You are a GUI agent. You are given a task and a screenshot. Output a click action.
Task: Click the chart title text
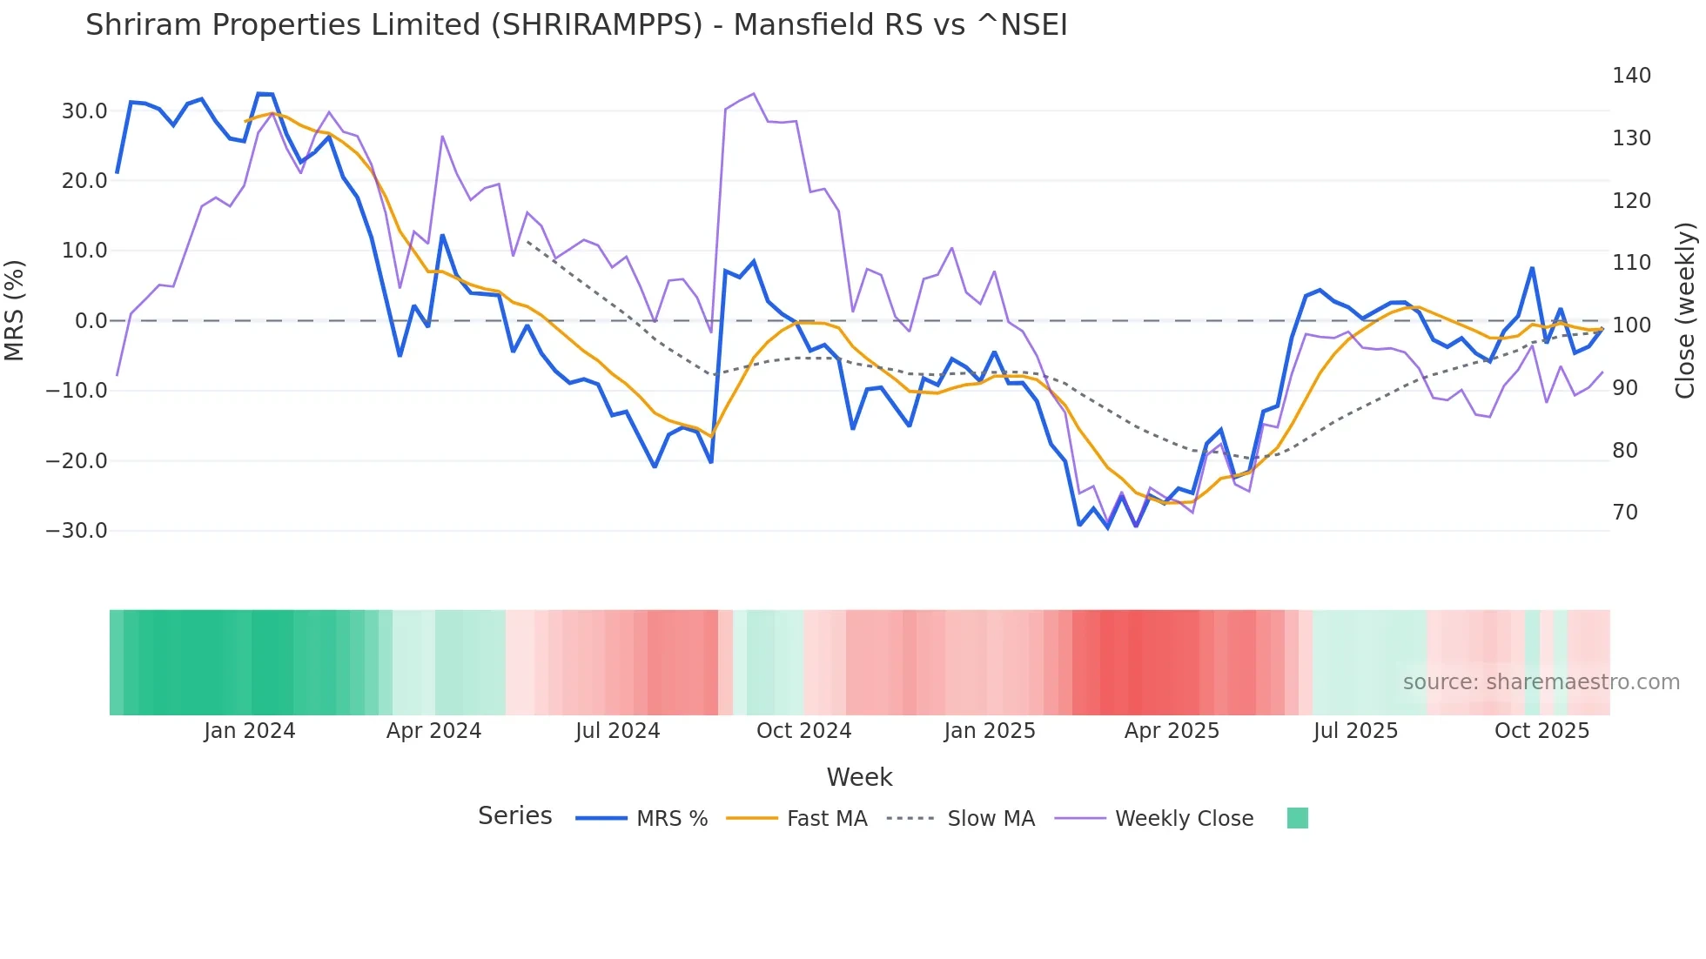click(x=576, y=25)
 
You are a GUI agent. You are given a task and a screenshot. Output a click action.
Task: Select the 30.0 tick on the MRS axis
click(x=84, y=111)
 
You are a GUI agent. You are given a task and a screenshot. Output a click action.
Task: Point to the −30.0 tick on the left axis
click(x=77, y=531)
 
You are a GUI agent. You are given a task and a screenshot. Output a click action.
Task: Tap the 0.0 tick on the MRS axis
click(x=91, y=321)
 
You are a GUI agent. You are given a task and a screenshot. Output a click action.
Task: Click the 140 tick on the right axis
click(x=1631, y=76)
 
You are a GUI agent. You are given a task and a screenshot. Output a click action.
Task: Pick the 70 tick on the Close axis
click(x=1625, y=513)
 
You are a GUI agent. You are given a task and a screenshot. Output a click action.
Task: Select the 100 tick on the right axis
click(x=1631, y=325)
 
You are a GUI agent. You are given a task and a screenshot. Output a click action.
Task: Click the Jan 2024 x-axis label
click(x=250, y=731)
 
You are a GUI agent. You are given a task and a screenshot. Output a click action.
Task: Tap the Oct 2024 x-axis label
click(x=803, y=731)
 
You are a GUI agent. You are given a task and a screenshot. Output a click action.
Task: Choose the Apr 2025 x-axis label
click(x=1172, y=731)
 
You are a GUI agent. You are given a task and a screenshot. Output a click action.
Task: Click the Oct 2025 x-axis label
click(x=1541, y=731)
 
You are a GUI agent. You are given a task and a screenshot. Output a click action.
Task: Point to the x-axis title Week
click(x=859, y=777)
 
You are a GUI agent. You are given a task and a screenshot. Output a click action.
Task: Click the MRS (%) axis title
click(x=15, y=310)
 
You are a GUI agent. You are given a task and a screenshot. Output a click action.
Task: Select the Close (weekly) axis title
click(x=1686, y=310)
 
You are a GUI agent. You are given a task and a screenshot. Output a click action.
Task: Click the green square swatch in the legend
click(x=1297, y=818)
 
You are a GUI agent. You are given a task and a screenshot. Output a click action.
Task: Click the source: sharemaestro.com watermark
click(x=1541, y=682)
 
